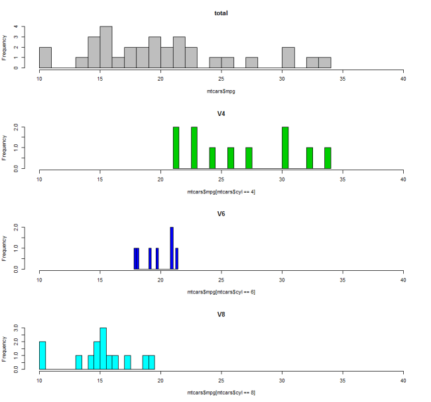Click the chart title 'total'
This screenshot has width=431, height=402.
click(221, 13)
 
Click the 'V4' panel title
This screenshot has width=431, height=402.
click(221, 113)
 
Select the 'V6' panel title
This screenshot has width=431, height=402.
click(221, 214)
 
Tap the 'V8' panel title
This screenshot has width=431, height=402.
click(221, 315)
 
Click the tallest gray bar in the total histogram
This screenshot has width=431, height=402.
click(106, 47)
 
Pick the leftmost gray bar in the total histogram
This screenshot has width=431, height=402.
click(45, 58)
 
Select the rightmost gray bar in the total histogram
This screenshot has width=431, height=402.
click(324, 62)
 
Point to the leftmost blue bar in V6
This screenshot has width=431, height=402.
click(137, 258)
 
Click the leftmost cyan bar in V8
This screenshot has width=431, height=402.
click(42, 355)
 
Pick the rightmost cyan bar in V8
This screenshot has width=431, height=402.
click(152, 362)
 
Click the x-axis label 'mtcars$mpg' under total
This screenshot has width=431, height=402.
click(221, 91)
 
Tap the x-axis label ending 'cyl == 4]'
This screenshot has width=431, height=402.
click(221, 191)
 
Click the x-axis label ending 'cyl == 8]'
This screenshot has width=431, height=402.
click(221, 393)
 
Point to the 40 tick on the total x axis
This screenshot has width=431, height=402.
click(403, 77)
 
